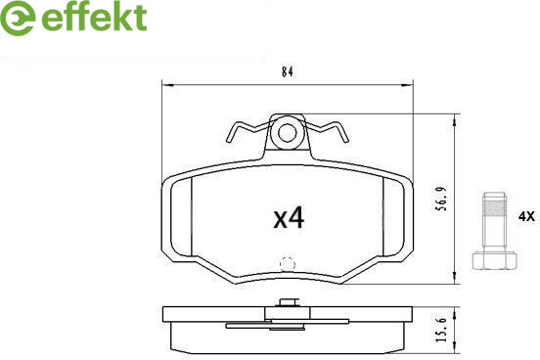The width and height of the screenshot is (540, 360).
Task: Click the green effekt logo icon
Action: (18, 18)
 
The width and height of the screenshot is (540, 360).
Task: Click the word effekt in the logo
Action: (94, 17)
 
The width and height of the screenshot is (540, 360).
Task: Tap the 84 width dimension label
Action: (288, 72)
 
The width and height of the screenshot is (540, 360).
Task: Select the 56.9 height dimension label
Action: (442, 200)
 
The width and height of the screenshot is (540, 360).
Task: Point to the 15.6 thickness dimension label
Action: (442, 330)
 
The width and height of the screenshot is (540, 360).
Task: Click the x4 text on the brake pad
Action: (289, 218)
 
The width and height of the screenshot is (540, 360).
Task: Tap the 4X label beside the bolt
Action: (526, 217)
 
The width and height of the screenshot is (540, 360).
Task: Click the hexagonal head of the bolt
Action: (494, 260)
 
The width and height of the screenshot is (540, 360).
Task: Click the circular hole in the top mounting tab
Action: (288, 133)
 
